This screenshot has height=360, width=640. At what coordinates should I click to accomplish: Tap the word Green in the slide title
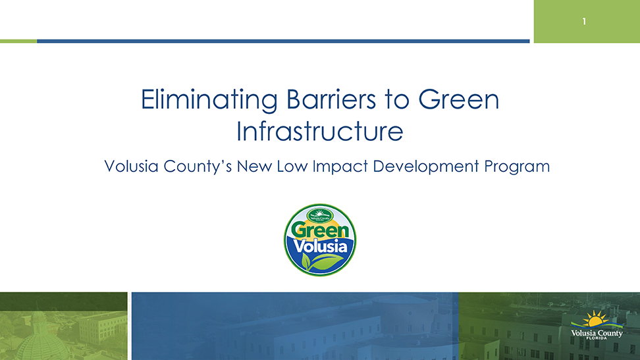pyautogui.click(x=458, y=100)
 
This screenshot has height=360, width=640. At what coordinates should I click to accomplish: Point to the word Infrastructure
pyautogui.click(x=319, y=132)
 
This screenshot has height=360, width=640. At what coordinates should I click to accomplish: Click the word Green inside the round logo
pyautogui.click(x=320, y=232)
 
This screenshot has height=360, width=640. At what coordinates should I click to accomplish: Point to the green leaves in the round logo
pyautogui.click(x=318, y=263)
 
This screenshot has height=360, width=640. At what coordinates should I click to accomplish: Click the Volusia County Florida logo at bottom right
pyautogui.click(x=597, y=327)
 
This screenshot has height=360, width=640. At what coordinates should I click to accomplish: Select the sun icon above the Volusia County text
pyautogui.click(x=596, y=320)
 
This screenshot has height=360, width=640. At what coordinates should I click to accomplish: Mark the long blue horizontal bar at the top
pyautogui.click(x=283, y=41)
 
